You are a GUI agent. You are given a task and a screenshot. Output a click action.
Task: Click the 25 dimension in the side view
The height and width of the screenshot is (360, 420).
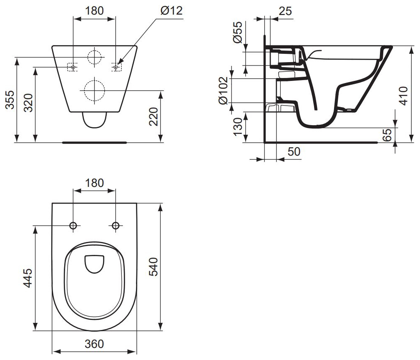pyautogui.click(x=285, y=11)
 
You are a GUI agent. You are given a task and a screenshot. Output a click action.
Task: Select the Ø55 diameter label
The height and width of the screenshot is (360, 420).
pyautogui.click(x=237, y=33)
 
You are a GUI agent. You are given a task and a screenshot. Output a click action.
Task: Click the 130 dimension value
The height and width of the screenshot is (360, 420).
pyautogui.click(x=237, y=127)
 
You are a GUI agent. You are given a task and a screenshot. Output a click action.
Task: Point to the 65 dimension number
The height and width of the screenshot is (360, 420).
pyautogui.click(x=387, y=135)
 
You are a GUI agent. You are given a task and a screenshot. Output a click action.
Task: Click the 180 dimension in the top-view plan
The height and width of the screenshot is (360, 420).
pyautogui.click(x=94, y=183)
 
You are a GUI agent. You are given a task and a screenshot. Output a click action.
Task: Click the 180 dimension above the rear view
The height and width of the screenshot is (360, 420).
pyautogui.click(x=94, y=11)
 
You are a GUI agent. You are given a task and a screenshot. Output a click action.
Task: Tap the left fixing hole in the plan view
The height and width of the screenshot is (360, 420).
pyautogui.click(x=73, y=226)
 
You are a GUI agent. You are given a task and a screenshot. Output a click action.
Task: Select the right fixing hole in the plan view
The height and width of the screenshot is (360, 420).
pyautogui.click(x=116, y=226)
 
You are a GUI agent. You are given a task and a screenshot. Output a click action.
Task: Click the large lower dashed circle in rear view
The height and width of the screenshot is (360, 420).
pyautogui.click(x=94, y=90)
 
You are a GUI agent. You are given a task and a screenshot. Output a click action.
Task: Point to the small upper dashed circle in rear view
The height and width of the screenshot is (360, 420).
pyautogui.click(x=95, y=57)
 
